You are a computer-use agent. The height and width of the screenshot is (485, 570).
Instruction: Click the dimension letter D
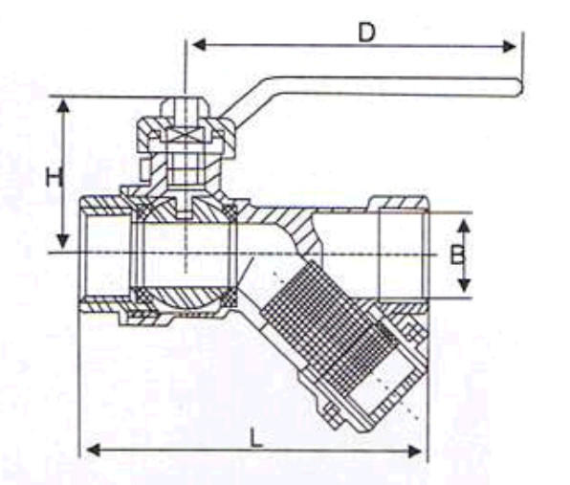pos(366,33)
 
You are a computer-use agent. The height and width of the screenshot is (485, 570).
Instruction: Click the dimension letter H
pos(55,178)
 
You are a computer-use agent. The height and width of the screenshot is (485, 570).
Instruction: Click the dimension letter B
pos(458,254)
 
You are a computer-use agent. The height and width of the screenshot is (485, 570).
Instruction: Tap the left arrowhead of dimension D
pos(199,46)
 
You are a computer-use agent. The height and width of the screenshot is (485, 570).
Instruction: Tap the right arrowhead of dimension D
pos(509,47)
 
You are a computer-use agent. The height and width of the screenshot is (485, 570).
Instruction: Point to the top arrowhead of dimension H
pos(63,107)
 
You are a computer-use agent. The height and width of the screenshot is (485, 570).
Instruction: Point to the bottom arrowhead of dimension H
pos(63,241)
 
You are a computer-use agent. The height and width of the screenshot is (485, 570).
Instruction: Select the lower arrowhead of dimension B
pos(464,285)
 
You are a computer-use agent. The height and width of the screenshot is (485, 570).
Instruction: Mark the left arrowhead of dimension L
pos(93,451)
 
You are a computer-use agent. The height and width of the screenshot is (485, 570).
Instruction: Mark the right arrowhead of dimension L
pos(415,452)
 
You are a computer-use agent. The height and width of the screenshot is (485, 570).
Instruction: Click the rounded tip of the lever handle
pos(518,88)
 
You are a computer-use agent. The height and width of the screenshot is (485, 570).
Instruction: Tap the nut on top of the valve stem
pos(186,108)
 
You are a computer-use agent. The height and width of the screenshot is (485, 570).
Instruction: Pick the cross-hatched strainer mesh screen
pos(327,327)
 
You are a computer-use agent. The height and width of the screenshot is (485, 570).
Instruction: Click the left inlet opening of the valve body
pos(105,254)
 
